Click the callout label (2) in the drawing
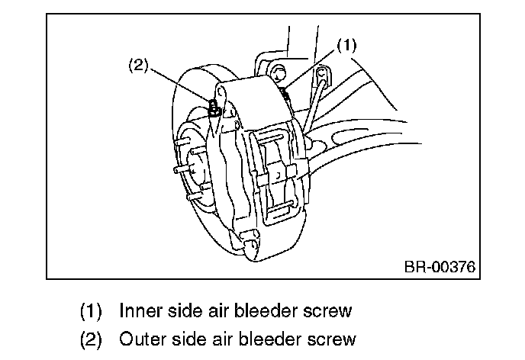pyautogui.click(x=137, y=65)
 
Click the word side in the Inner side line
pyautogui.click(x=182, y=310)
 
